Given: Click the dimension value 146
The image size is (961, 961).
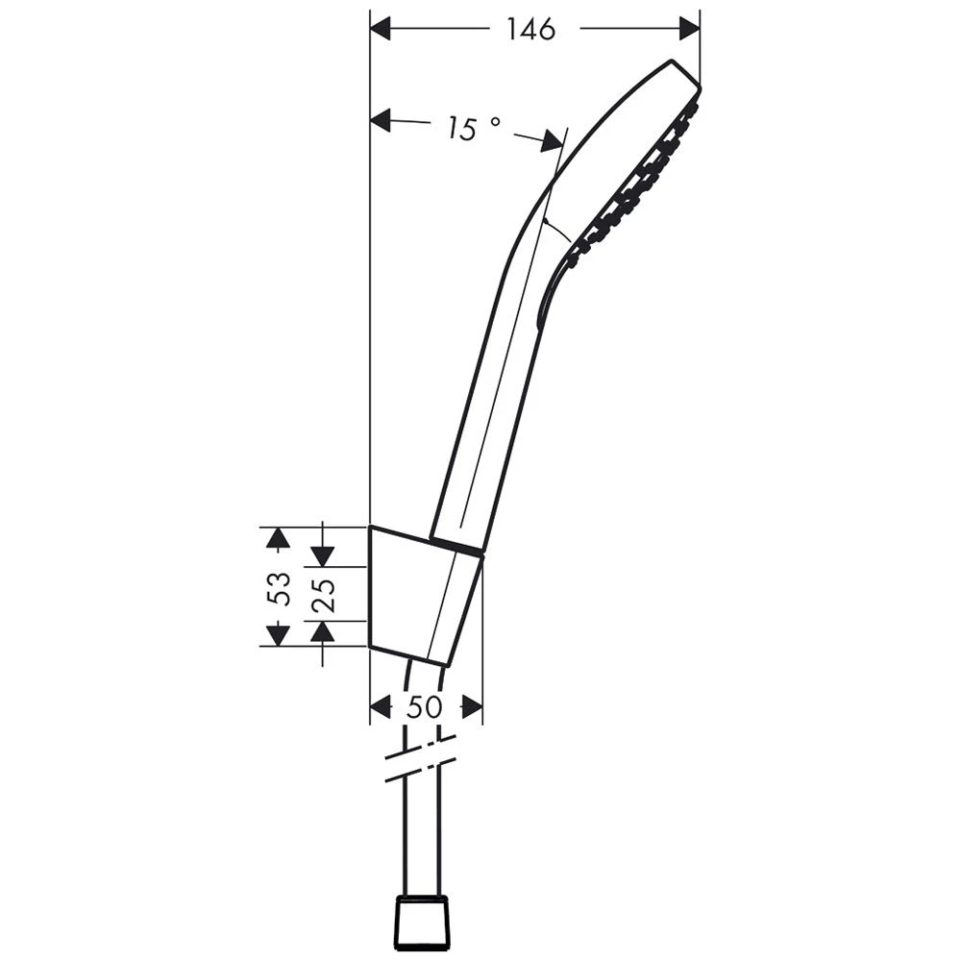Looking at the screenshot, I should [531, 30].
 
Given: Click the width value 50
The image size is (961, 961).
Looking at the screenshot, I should [424, 708].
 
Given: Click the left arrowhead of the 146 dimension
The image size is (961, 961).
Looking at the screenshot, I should [382, 30].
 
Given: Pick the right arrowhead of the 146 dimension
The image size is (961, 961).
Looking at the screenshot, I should [689, 30].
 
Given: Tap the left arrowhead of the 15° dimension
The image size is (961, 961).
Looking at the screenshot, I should [382, 120].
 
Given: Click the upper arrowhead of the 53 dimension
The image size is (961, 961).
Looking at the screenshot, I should [278, 538].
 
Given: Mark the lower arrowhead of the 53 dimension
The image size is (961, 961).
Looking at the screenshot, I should [278, 634].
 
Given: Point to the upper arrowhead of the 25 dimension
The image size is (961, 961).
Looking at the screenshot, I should [323, 555].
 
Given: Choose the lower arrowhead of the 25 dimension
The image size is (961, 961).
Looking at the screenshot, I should [323, 631].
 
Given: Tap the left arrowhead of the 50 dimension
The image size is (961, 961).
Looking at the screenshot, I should [382, 708].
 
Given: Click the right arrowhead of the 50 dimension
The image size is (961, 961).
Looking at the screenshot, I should [471, 708].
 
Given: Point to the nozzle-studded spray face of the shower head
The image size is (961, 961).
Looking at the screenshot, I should [634, 183].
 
